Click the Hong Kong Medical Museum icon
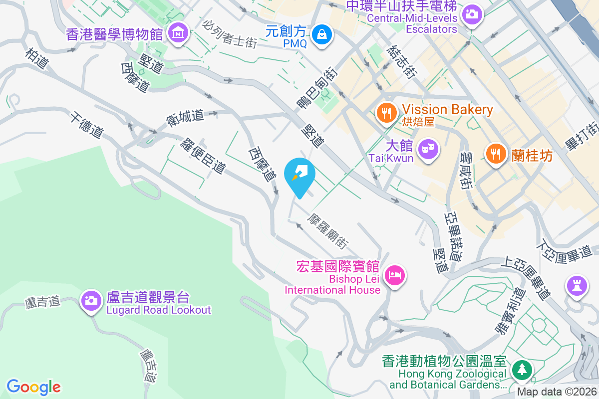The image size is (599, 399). pos(177,33)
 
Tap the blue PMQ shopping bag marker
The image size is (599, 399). pos(322,34)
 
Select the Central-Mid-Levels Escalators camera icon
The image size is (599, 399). pos(471,14)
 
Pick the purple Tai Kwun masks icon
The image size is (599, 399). pos(428,148)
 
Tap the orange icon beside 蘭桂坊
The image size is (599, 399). pos(496,154)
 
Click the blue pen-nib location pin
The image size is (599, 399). pos(299,174)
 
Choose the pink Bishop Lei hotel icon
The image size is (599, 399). pos(395,274)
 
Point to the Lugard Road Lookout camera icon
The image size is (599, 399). pos(91,300)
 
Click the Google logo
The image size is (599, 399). pos(33,387)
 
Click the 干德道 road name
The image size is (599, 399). pos(87,125)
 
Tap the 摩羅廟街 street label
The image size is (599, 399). pos(327,230)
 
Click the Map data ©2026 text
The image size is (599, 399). pos(557,392)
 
